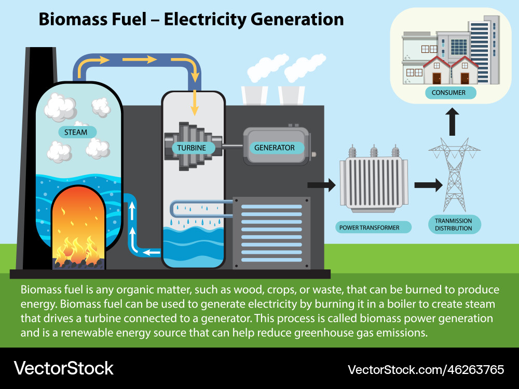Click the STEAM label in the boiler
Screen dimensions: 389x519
76,132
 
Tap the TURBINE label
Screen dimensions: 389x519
192,148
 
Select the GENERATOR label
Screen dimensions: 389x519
275,148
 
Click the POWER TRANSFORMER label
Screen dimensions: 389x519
370,227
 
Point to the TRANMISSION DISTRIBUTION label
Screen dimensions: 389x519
454,224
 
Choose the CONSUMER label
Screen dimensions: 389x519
445,93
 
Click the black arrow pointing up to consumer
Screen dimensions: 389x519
453,121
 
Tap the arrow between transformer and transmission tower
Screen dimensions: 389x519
428,184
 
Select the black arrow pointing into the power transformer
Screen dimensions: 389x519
322,184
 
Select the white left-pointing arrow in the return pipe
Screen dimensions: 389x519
152,253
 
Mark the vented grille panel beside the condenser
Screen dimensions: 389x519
271,233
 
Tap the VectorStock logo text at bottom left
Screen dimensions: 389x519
63,368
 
